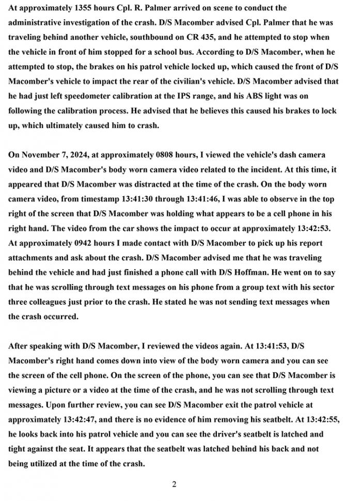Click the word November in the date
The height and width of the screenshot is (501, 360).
click(x=41, y=155)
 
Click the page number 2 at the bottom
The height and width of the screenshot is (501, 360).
click(x=174, y=484)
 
